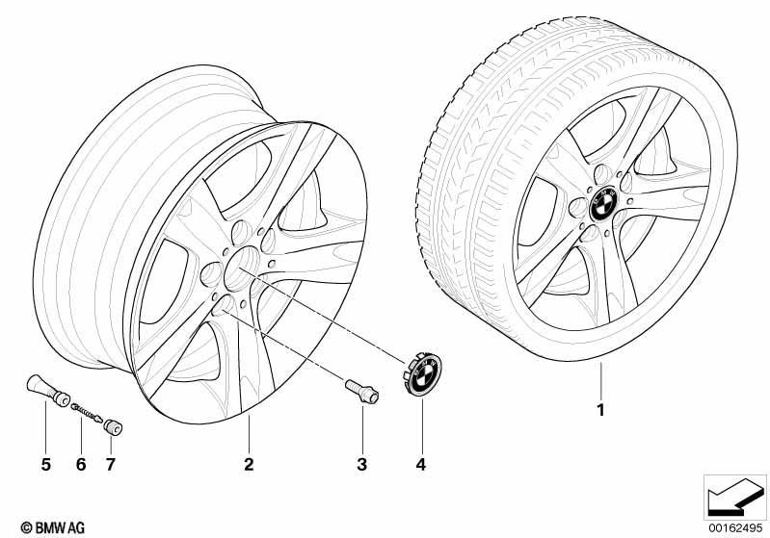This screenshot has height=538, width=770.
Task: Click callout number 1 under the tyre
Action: click(600, 409)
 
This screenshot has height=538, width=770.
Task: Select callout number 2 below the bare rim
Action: click(249, 464)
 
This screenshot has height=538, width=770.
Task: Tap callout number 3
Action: click(362, 464)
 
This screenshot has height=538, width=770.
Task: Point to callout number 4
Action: click(421, 464)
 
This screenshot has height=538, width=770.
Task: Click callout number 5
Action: click(45, 464)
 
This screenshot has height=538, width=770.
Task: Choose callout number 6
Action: click(81, 464)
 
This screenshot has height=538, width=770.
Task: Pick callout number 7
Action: click(111, 464)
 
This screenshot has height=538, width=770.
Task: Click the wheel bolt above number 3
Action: click(362, 392)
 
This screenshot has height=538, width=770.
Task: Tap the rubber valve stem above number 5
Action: click(47, 390)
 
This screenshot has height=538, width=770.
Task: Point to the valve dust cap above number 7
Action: click(113, 427)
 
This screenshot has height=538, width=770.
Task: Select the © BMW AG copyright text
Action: click(53, 527)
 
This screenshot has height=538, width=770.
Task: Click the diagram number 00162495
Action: click(735, 527)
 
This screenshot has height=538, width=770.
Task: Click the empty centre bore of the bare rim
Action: click(242, 268)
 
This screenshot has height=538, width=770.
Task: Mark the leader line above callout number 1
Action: click(600, 380)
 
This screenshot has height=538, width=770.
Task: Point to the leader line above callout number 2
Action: click(249, 434)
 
